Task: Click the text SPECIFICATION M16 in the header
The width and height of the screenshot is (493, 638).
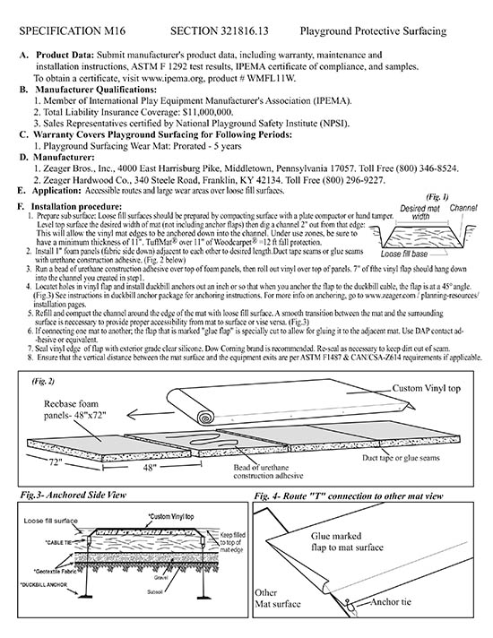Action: [72, 31]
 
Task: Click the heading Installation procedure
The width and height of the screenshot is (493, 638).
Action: [76, 207]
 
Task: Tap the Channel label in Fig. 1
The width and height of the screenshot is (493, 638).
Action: [463, 208]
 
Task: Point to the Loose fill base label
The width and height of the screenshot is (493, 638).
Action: [404, 254]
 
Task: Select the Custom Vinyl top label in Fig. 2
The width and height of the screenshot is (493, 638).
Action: [427, 388]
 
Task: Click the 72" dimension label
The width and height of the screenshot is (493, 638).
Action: [53, 462]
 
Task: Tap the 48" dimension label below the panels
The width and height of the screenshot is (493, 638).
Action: [150, 468]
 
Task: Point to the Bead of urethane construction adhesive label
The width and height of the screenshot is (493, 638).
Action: [268, 471]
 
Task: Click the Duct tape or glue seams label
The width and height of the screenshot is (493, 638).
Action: [401, 458]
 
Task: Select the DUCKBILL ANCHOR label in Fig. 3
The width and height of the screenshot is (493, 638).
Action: [44, 585]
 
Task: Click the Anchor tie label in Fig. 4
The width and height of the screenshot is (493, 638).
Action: [391, 602]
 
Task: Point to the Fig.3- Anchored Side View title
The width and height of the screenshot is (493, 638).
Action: [74, 496]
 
